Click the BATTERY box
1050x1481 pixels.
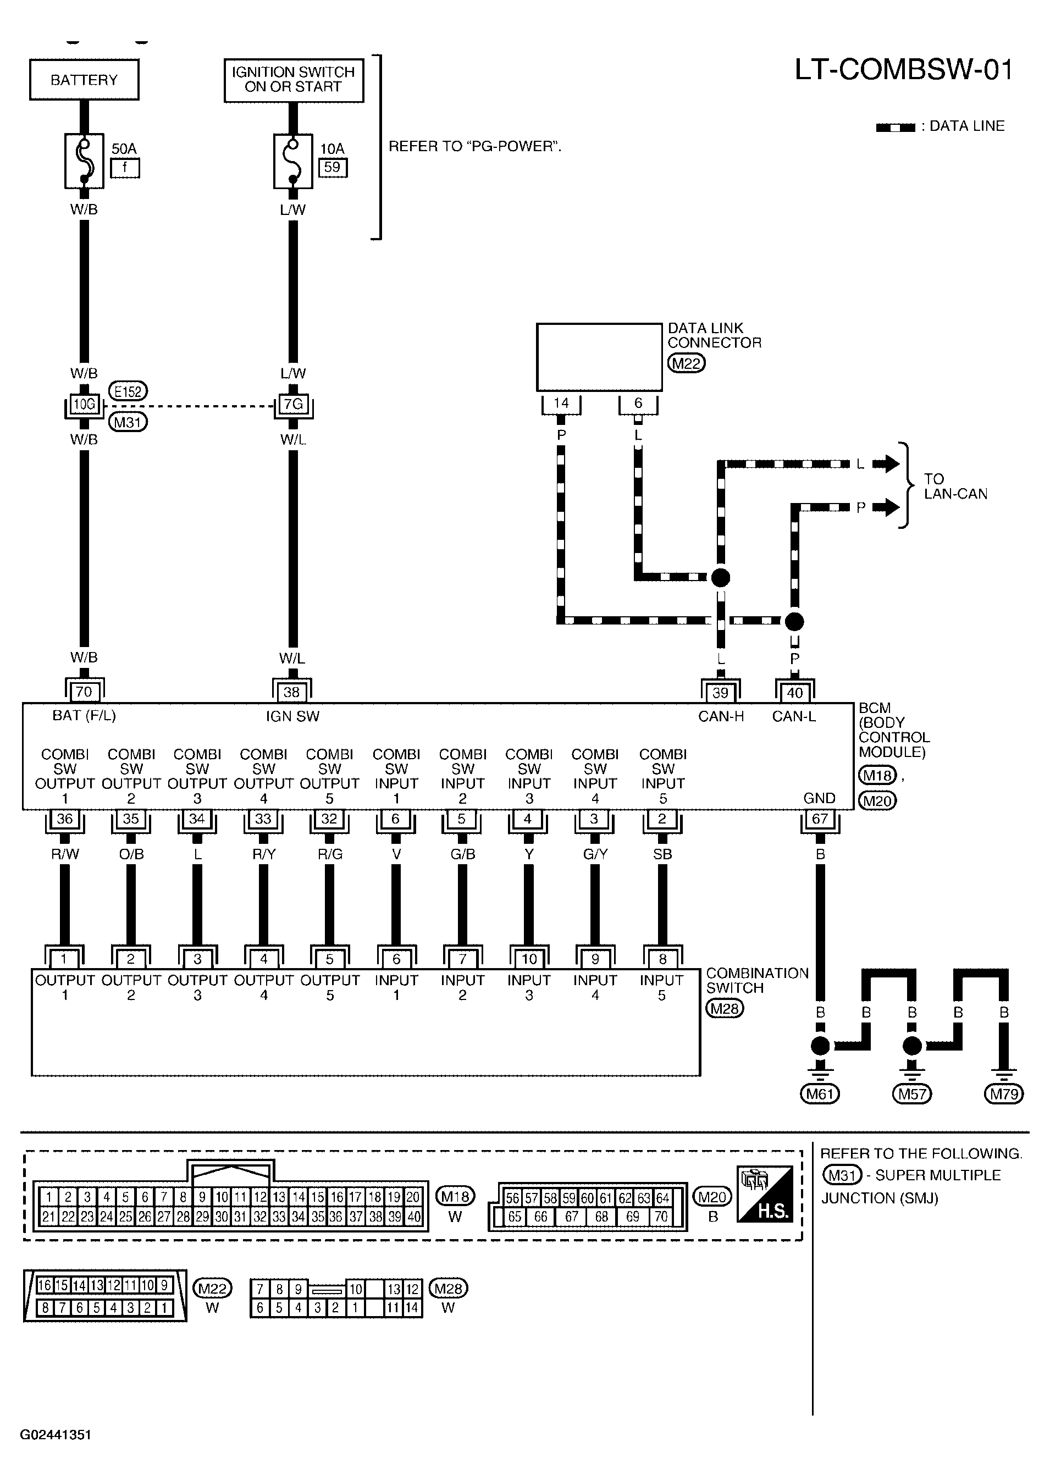tap(84, 80)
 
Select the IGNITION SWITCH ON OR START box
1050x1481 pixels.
tap(294, 80)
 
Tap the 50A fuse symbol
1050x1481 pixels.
tap(84, 161)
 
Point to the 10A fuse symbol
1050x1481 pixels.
tap(293, 161)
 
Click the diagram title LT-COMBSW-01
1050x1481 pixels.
tap(903, 70)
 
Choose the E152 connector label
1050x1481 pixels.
tap(128, 391)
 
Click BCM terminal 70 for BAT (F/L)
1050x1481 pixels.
tap(84, 692)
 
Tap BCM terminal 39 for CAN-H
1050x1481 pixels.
tap(720, 692)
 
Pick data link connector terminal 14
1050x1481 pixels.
tap(561, 403)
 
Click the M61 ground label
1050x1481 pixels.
tap(820, 1094)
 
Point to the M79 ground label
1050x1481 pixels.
tap(1004, 1094)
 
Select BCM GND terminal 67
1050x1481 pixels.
tap(820, 819)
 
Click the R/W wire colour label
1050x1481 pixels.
tap(65, 854)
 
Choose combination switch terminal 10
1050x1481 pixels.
tap(529, 959)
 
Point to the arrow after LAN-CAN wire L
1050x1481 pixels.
tap(886, 463)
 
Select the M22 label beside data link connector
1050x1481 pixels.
tap(687, 363)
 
